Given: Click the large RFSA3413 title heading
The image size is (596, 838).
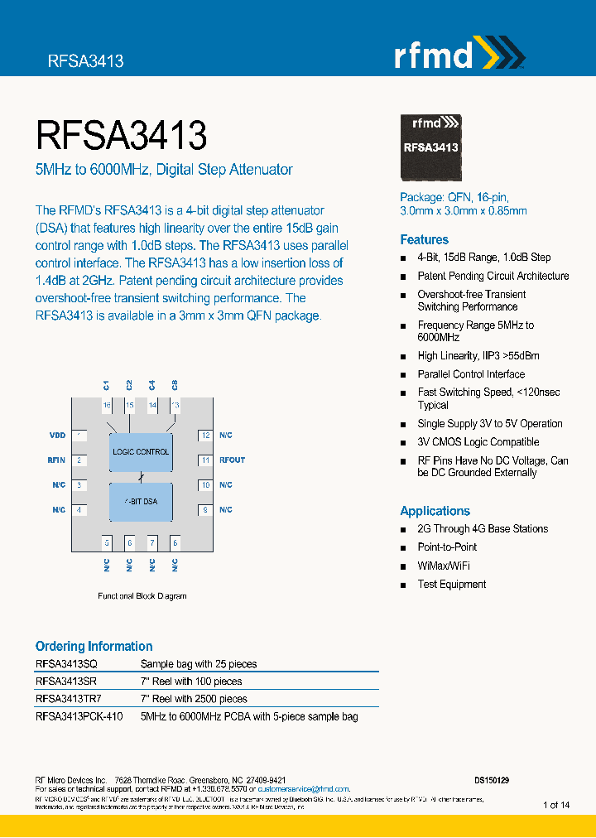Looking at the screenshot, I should (x=121, y=135).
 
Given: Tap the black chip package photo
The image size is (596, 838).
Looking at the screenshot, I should (x=430, y=147).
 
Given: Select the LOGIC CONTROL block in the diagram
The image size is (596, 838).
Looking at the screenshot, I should (x=141, y=452).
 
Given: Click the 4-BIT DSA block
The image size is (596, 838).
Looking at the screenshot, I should (x=141, y=502).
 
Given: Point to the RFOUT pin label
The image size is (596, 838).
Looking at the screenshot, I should (x=232, y=460).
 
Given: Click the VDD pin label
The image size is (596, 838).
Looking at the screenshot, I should (x=57, y=435).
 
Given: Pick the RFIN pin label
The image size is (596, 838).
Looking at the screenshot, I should (x=56, y=460).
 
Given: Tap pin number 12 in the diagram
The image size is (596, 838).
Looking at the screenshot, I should (x=205, y=435).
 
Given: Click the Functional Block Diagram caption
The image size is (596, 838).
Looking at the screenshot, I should (x=142, y=595).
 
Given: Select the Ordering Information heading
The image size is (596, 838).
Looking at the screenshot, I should (x=94, y=646).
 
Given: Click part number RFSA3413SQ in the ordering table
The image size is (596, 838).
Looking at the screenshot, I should (x=66, y=664).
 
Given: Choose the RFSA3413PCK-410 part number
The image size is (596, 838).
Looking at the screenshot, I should (x=79, y=716).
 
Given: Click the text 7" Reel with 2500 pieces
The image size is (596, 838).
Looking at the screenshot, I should (x=194, y=699).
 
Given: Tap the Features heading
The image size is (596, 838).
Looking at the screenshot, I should (x=424, y=239).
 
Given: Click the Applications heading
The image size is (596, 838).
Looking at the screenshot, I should (x=435, y=511).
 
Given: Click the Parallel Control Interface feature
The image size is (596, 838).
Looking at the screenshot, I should (x=471, y=374).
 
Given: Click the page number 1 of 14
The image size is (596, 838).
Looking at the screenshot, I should (x=555, y=805).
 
